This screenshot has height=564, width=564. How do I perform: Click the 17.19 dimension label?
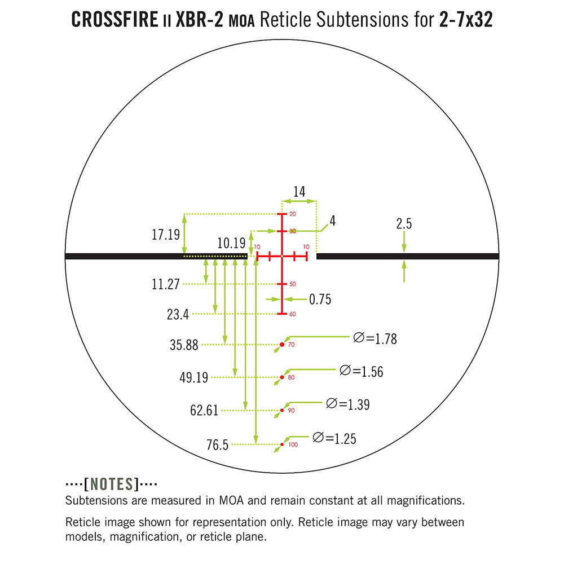tap(165, 235)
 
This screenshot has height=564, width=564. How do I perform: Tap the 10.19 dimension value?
tap(231, 243)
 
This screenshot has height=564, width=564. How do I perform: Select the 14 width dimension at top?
tap(299, 192)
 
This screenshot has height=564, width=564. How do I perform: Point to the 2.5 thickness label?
tap(404, 224)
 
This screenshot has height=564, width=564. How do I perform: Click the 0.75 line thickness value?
tap(320, 299)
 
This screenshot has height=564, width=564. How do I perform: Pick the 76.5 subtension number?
tap(217, 445)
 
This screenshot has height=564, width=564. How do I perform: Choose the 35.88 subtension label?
tap(184, 345)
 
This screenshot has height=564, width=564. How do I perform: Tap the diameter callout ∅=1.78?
tap(375, 338)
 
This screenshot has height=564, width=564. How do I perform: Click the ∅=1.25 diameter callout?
tap(334, 438)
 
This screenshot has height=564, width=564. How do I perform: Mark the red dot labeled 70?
tap(282, 345)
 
